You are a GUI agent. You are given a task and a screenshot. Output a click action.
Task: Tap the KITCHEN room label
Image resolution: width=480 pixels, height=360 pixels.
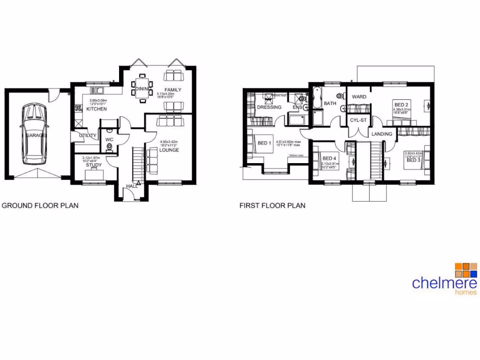point(97,109)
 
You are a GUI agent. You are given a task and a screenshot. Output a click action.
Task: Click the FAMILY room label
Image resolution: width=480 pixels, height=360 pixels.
point(172,90)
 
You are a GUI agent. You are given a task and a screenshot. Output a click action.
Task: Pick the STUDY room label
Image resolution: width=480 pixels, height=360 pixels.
point(94,165)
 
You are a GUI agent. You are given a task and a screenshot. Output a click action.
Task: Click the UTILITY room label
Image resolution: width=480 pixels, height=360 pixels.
point(88,136)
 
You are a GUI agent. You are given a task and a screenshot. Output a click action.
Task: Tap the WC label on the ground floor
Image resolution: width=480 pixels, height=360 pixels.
point(109,140)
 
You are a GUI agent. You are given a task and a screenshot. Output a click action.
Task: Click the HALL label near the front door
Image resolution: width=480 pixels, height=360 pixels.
point(131,187)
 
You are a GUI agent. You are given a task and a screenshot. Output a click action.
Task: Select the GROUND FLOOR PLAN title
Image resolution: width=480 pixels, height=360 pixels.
point(40,205)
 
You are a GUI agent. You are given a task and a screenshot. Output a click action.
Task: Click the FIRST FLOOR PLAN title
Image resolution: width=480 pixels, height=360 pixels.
point(272,205)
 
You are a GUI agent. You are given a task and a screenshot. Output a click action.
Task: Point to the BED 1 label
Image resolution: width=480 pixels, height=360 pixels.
point(264,143)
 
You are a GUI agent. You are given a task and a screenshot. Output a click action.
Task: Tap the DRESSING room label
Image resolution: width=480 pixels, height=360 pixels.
point(269,107)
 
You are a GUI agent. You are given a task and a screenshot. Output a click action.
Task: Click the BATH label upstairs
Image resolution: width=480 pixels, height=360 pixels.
point(330,104)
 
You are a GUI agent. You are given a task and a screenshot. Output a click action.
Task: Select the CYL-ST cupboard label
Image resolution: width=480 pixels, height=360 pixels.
point(358,120)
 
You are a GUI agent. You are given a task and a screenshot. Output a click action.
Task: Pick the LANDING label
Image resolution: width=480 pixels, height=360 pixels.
point(382,135)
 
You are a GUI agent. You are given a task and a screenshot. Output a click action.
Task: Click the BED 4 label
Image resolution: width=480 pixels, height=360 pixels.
point(330,158)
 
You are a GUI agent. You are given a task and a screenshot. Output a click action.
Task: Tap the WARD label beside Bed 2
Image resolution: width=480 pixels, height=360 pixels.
point(359,97)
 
